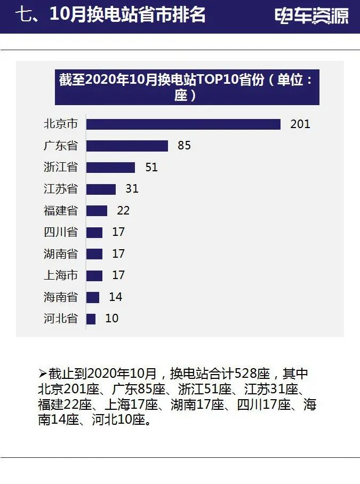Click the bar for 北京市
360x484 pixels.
[183, 124]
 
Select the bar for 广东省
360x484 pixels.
[127, 146]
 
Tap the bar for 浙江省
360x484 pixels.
[111, 168]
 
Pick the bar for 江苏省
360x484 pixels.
[101, 189]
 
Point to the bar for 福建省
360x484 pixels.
[97, 211]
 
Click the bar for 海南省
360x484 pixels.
[93, 297]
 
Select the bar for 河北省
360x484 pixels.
[91, 319]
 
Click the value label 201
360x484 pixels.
[300, 124]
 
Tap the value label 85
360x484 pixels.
[184, 146]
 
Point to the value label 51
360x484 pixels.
[151, 168]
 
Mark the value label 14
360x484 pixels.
[115, 297]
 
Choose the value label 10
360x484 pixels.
[111, 319]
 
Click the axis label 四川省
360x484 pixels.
[60, 232]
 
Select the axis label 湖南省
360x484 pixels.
[60, 254]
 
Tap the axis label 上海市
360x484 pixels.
[60, 275]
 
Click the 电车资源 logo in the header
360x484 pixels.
[312, 16]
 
